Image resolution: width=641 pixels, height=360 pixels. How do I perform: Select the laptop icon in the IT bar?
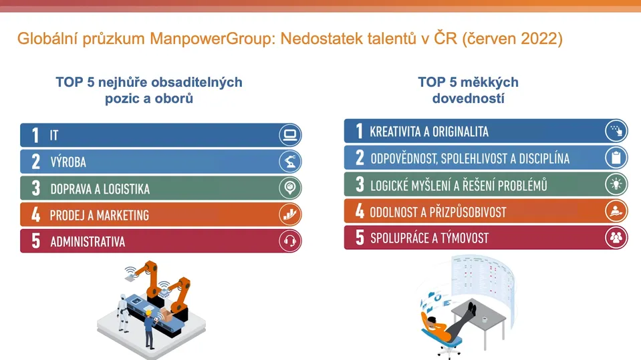coord(290,135)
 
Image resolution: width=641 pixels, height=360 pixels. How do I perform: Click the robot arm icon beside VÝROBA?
coord(290,162)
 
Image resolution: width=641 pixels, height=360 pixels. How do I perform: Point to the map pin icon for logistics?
coord(290,188)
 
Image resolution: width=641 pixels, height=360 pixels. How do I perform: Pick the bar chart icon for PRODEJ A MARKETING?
coord(290,214)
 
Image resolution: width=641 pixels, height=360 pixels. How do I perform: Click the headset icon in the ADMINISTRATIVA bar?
coord(290,240)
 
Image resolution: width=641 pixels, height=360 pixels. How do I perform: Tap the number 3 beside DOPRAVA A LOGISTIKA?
coord(36,188)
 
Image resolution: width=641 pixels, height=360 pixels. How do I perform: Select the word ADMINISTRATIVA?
coord(88,242)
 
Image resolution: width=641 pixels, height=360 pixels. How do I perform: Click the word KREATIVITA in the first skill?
coord(395,132)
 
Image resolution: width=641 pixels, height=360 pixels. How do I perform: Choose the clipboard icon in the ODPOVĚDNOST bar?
coord(616,158)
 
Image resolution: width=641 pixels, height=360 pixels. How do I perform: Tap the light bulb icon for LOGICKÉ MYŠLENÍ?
coord(616,184)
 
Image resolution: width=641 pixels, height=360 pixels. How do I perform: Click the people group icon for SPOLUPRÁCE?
coord(616,237)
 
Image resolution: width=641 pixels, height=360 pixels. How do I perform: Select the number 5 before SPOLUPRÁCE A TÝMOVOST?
coord(360,237)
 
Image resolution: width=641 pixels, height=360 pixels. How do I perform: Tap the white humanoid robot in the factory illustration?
coord(122,313)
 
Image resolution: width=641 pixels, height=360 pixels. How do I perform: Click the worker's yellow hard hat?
coord(149,313)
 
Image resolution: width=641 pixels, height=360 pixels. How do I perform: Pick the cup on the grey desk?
coord(485,319)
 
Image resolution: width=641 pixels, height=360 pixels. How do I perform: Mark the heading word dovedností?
coord(468,98)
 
